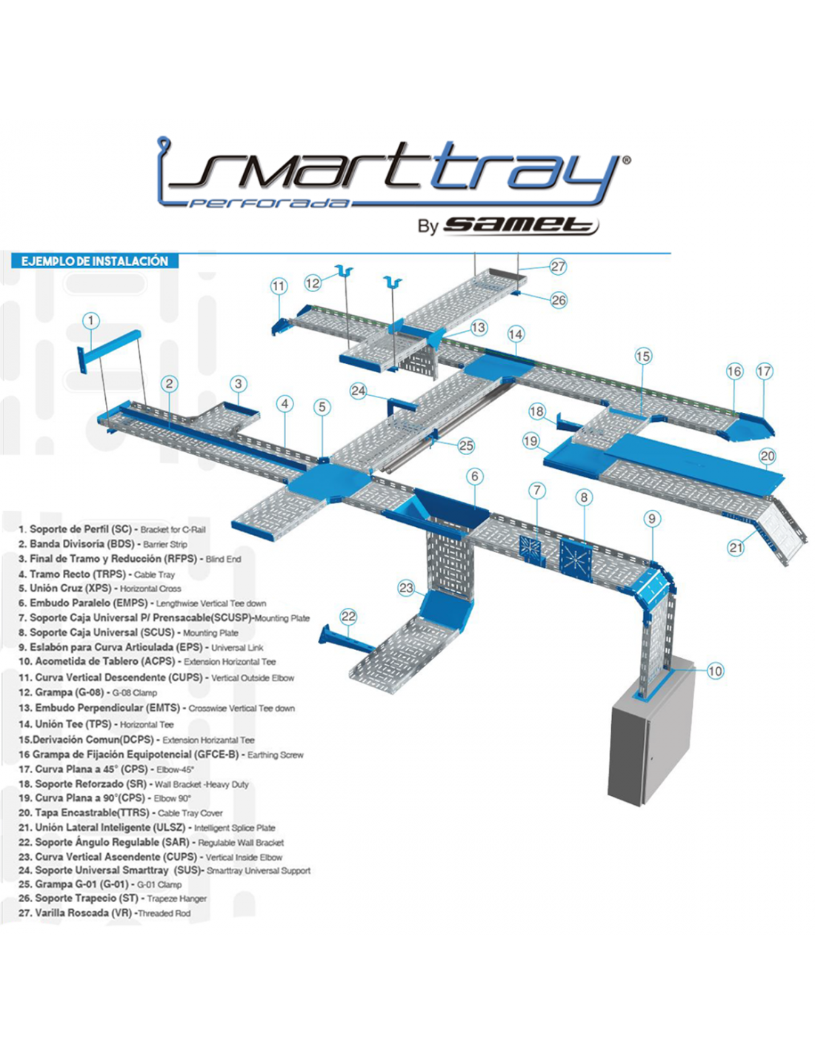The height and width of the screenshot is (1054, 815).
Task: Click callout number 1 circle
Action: coord(90,321)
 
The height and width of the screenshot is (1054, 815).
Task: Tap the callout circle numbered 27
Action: coord(558,267)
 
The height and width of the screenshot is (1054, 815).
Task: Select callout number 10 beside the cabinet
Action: coord(714,671)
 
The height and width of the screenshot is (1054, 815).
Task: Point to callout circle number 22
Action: coord(348,616)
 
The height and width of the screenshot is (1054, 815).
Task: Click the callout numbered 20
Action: coord(768,457)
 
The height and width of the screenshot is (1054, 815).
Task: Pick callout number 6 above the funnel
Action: coord(475,477)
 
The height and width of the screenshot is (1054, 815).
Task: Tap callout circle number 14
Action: coord(515,334)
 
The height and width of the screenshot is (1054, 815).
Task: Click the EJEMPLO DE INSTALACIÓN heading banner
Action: coord(95,261)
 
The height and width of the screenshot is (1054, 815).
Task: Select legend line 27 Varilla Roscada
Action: coord(104,913)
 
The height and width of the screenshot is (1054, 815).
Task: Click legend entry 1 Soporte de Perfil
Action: coord(112,529)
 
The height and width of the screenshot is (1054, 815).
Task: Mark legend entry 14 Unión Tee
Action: coord(96,724)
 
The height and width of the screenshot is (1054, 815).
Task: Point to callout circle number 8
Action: coord(584,497)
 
